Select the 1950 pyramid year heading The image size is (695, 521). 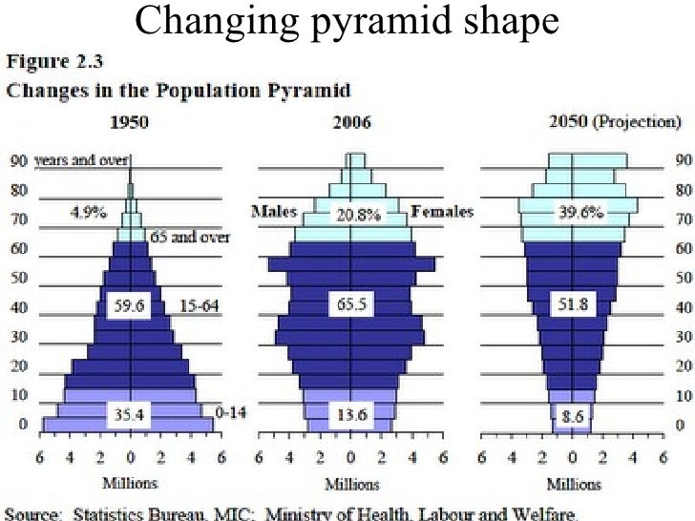[130, 123]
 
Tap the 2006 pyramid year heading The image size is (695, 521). [352, 123]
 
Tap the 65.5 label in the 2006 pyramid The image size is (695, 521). [352, 307]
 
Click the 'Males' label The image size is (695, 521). [274, 212]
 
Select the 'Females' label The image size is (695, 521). [441, 212]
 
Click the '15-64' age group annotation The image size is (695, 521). [198, 307]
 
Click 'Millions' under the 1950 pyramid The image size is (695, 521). [130, 483]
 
